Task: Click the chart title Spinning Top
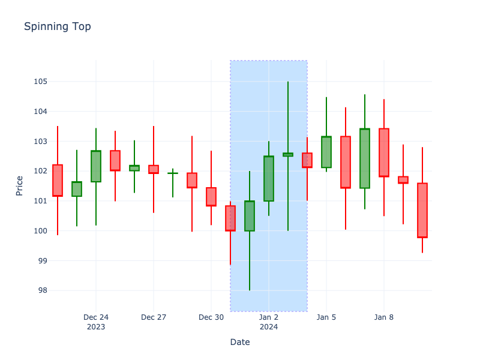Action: coord(58,26)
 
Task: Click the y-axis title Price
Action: coord(20,185)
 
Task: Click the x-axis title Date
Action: coord(240,342)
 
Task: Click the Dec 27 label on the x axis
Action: coord(154,317)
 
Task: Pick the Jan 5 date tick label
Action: coord(326,317)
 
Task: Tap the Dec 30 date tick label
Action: coord(211,317)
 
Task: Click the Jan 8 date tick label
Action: coord(384,317)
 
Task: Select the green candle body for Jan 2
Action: coord(269,179)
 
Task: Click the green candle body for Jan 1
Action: coord(250,216)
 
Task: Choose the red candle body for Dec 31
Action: coord(230,218)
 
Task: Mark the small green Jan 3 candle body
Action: coord(288,155)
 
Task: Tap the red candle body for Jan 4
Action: coord(307,160)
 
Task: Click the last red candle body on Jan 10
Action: coord(422,210)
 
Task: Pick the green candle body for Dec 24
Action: coord(96,166)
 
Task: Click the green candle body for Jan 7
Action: coord(365,158)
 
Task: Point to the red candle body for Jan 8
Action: coord(384,152)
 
